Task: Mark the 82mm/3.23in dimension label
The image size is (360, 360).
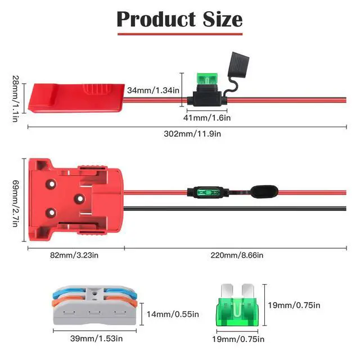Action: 74,254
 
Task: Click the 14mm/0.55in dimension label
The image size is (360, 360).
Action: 172,314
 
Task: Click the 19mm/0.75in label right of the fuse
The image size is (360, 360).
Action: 294,305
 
